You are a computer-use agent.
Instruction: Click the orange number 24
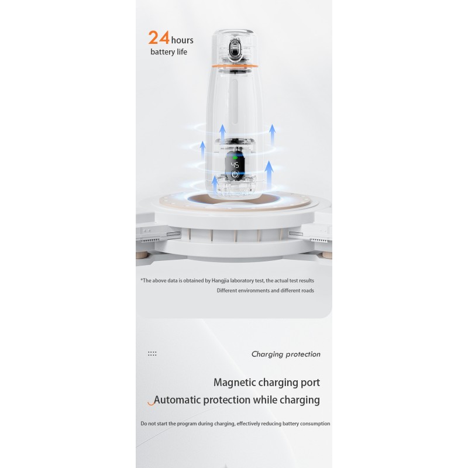(x=159, y=37)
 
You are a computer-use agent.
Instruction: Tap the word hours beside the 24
(x=182, y=40)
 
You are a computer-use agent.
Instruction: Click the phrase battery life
(x=168, y=52)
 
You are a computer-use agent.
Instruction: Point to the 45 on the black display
(x=235, y=165)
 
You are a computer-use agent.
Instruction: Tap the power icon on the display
(x=235, y=174)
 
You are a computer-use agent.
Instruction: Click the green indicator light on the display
(x=235, y=157)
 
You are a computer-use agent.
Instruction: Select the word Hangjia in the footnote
(x=221, y=281)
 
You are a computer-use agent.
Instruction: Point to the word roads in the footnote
(x=308, y=290)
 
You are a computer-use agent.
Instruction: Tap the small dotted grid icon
(x=152, y=354)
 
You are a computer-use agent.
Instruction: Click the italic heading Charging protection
(x=286, y=355)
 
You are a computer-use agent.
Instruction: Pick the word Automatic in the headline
(x=178, y=400)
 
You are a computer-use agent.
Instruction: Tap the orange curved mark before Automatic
(x=152, y=403)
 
